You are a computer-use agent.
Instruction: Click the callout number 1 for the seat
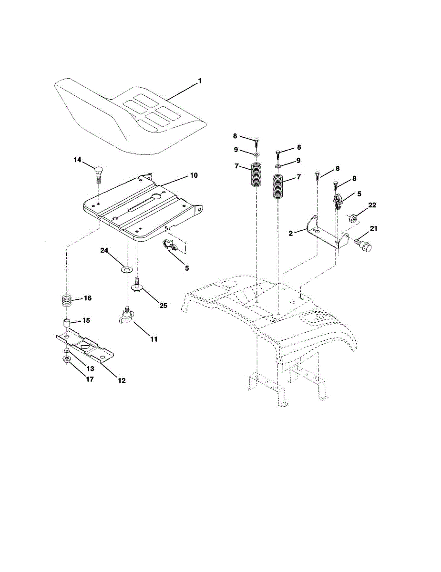click(x=200, y=81)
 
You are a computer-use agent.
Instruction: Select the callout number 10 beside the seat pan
click(x=194, y=175)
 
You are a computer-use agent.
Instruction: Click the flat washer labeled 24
click(x=127, y=269)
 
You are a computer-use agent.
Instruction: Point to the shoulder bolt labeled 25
click(x=137, y=283)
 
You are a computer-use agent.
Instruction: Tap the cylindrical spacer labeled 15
click(x=67, y=323)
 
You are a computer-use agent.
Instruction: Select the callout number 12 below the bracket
click(x=122, y=380)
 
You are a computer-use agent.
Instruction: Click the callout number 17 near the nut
click(x=90, y=379)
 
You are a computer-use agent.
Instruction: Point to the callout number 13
click(x=90, y=368)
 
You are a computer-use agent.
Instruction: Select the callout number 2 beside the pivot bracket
click(x=291, y=233)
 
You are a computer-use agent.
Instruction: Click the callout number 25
click(x=163, y=305)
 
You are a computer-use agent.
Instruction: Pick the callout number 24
click(x=104, y=250)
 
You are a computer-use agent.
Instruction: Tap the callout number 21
click(x=373, y=228)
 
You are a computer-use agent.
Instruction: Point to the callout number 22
click(x=372, y=205)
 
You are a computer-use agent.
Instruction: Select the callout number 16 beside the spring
click(x=87, y=298)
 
